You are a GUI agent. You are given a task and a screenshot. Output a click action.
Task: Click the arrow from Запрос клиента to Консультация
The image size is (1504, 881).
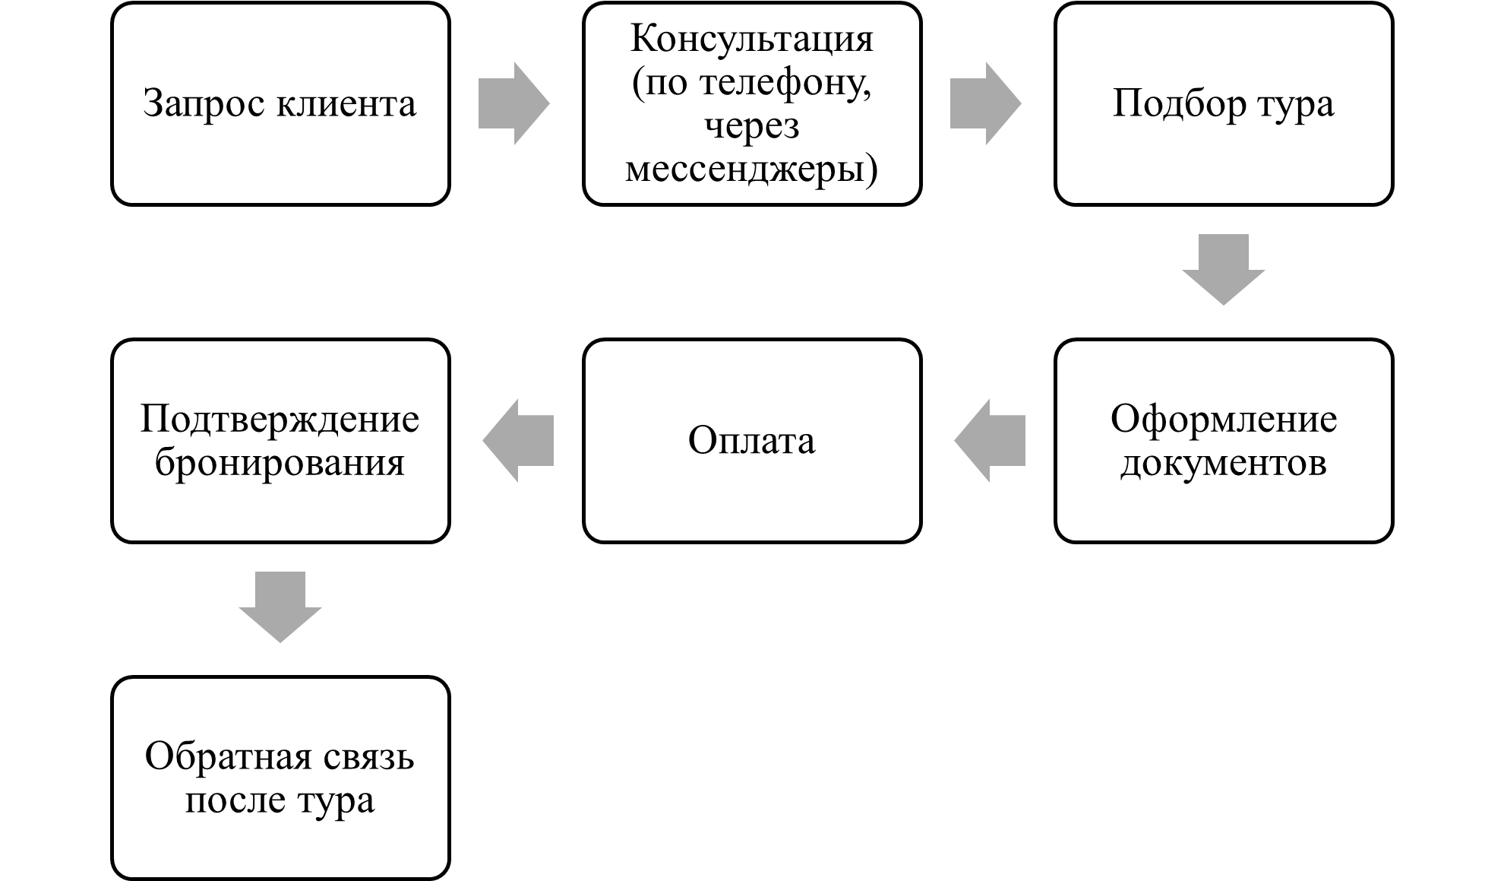(513, 103)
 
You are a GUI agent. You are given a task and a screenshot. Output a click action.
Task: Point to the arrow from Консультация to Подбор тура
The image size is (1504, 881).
(985, 103)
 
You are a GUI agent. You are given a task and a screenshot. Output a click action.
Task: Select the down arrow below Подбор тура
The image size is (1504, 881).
(1223, 269)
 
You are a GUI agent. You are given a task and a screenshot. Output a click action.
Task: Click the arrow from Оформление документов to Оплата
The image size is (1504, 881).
(990, 440)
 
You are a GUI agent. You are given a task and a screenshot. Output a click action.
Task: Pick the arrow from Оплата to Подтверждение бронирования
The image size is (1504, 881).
(518, 440)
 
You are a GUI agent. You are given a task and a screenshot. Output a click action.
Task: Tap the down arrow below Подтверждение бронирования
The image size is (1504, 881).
(280, 607)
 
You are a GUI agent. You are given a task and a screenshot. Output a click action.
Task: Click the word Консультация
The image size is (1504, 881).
(752, 39)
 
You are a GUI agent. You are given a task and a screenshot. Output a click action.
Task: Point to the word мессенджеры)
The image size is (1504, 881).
(751, 169)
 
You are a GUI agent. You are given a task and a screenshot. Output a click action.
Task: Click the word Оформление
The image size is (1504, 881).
(1223, 419)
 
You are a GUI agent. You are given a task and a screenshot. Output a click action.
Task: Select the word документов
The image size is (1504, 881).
(1223, 463)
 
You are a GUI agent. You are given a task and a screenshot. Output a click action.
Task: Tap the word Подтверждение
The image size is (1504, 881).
(280, 419)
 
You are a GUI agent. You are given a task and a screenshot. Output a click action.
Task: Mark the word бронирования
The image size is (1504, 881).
(280, 463)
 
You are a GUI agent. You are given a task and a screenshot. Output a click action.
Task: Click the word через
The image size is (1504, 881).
(752, 126)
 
